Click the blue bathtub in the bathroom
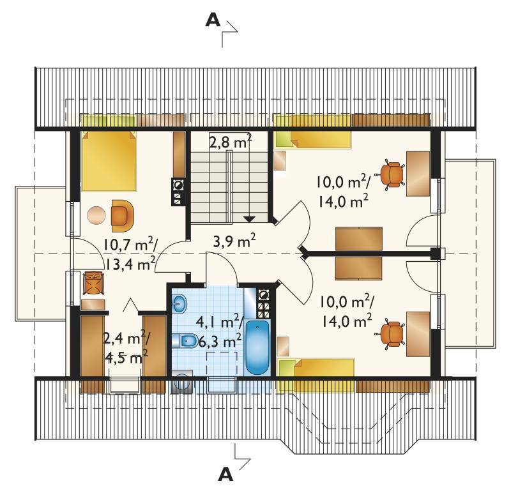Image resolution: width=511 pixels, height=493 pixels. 257,347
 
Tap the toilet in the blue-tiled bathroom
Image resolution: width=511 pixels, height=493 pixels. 184,341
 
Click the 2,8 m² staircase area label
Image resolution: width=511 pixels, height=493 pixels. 230,142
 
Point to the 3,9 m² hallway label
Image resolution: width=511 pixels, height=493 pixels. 234,241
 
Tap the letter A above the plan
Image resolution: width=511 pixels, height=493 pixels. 213,21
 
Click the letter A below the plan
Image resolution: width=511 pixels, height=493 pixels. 225,474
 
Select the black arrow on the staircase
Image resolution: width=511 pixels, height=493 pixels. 249,219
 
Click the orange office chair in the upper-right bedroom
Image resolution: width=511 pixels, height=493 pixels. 391,174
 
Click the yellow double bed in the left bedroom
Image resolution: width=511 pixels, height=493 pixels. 109,161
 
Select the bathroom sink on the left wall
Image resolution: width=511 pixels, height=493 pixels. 179,304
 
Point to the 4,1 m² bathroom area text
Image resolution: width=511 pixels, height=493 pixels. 219,323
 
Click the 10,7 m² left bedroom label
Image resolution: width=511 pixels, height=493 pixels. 130,245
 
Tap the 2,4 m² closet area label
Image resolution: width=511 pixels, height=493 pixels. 126,339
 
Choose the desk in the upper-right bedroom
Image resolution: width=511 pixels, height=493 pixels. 418,174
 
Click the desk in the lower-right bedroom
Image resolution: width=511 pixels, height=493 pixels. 418,335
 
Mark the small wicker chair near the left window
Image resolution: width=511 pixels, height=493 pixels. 93,283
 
